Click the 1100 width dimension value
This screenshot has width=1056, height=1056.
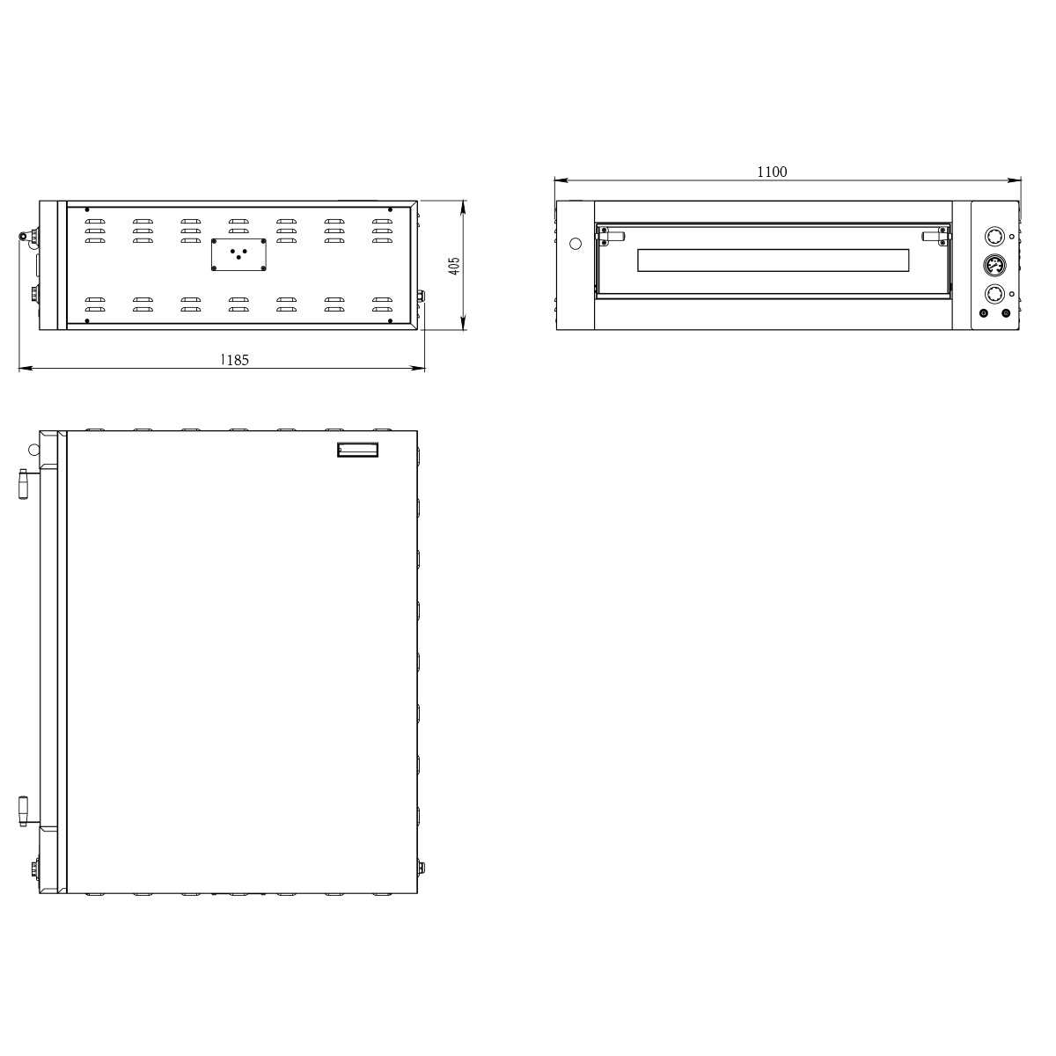(x=772, y=172)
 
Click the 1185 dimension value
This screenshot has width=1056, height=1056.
(x=234, y=360)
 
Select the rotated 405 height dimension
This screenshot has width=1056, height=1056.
(x=454, y=267)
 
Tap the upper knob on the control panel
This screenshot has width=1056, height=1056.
(x=994, y=237)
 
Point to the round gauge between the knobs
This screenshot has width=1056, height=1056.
(x=994, y=266)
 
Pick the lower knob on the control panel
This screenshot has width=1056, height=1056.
(x=994, y=294)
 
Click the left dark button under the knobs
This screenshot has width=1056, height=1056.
(x=983, y=313)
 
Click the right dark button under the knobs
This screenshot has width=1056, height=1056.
(x=1006, y=313)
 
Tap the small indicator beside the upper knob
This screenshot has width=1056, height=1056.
(x=1012, y=237)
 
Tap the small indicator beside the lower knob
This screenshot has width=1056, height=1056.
(x=1012, y=294)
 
